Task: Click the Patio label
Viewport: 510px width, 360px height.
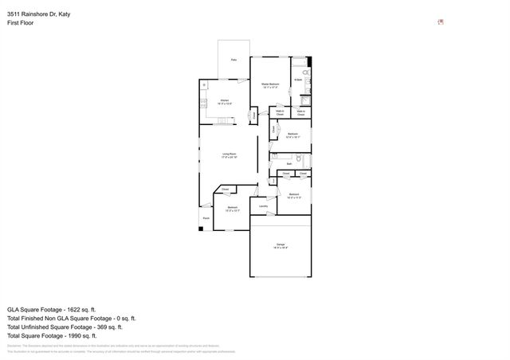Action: [233, 60]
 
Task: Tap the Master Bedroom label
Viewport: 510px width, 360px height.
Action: [270, 85]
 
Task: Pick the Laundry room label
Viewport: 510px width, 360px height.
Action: [263, 205]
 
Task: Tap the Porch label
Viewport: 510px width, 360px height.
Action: [206, 218]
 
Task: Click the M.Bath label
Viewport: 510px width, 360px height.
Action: [297, 80]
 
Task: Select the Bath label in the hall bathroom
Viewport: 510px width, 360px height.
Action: [289, 163]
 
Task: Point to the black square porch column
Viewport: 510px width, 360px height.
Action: [202, 229]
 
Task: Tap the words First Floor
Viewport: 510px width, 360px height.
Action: [20, 23]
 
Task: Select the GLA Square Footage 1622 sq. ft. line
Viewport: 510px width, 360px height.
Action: [51, 308]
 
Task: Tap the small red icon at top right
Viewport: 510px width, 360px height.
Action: [441, 22]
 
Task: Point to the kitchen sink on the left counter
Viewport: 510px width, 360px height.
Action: [204, 85]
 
